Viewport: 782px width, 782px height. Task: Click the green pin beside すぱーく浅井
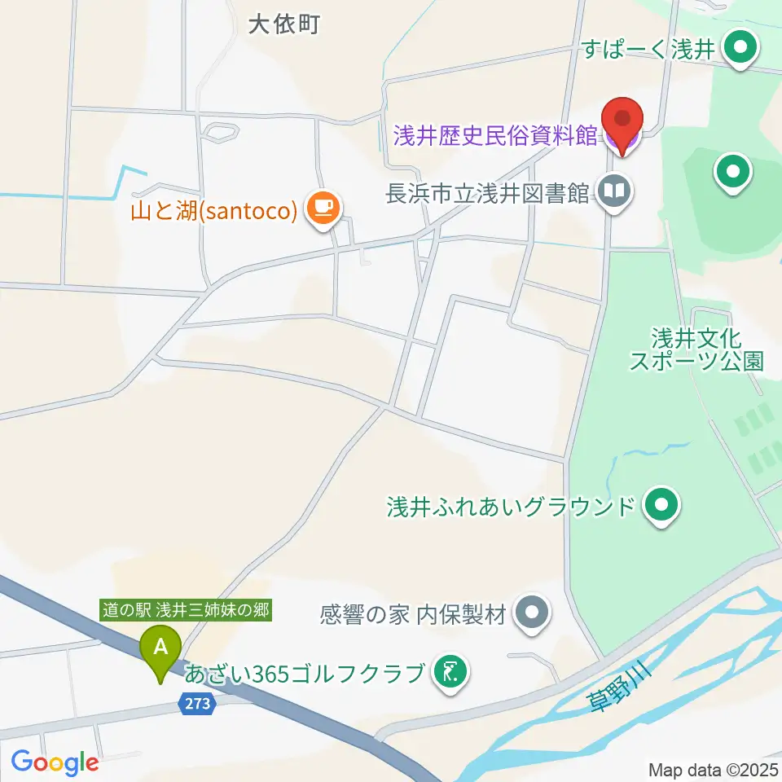click(x=740, y=49)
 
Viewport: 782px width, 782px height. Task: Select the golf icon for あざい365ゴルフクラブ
click(x=450, y=673)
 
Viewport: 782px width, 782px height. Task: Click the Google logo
click(x=55, y=762)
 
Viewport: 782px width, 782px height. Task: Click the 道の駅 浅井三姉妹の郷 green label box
click(x=186, y=609)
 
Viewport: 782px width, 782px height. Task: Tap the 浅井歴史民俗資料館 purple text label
click(x=495, y=135)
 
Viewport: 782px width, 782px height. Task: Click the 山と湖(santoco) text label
click(x=212, y=211)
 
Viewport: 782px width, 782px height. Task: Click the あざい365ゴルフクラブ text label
click(x=305, y=674)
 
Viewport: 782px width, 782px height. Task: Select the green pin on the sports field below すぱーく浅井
click(x=732, y=172)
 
